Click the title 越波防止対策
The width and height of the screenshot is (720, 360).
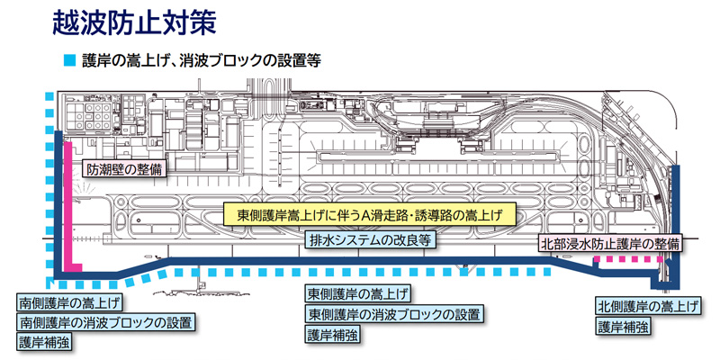[x=138, y=22]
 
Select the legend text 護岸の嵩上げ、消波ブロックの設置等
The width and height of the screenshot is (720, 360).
[x=201, y=61]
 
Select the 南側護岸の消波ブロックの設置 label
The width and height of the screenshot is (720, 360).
[x=105, y=321]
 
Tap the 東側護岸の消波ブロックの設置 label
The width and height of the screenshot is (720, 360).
[x=393, y=314]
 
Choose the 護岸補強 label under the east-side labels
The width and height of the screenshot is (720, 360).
[x=333, y=334]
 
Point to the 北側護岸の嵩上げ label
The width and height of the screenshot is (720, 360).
[x=648, y=307]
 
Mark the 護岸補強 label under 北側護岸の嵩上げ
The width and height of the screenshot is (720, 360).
[x=623, y=327]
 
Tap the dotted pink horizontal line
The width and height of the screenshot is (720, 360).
[x=628, y=259]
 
